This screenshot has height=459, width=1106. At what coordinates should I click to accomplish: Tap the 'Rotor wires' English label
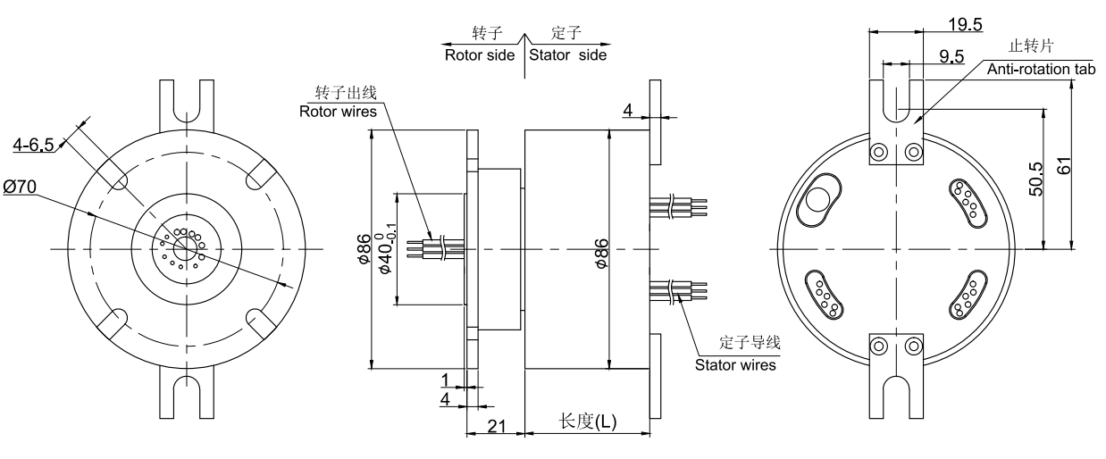[x=338, y=111]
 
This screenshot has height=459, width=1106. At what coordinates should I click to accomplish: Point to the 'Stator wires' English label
[x=734, y=363]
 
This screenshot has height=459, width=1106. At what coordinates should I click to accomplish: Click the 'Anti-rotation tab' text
[x=1040, y=69]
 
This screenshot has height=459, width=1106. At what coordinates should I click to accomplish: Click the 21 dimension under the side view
[x=497, y=427]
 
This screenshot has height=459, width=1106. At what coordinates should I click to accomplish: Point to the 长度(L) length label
[x=587, y=421]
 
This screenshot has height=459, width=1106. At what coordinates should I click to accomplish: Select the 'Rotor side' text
[x=480, y=54]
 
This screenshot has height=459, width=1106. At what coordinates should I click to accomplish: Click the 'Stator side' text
[x=567, y=54]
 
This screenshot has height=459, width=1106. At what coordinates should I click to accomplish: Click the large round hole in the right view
[x=817, y=202]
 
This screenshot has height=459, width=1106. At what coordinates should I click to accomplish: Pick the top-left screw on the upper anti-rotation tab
[x=880, y=151]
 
